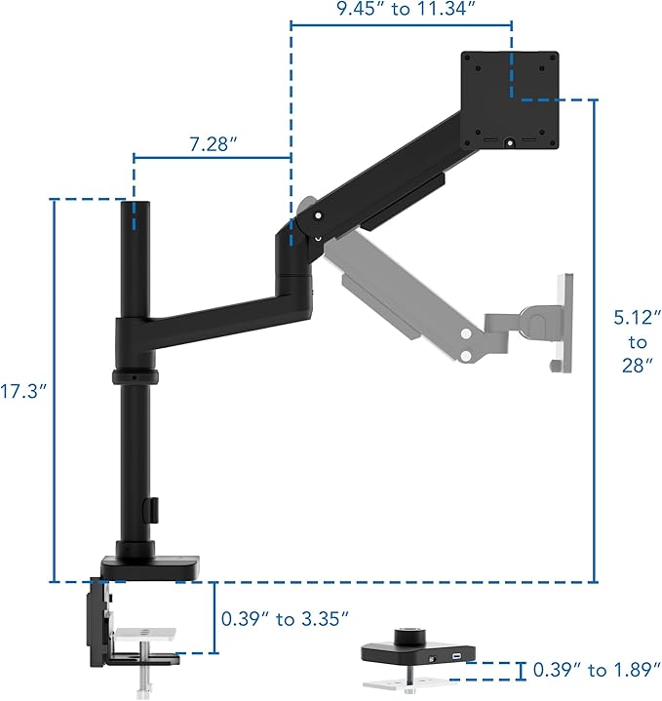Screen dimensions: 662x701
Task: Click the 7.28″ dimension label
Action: pyautogui.click(x=214, y=144)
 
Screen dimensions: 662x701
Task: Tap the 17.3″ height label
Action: pyautogui.click(x=23, y=391)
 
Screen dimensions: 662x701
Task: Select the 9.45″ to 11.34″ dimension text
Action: pyautogui.click(x=405, y=9)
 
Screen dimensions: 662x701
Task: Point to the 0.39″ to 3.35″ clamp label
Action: pyautogui.click(x=285, y=619)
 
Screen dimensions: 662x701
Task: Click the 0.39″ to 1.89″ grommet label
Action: pyautogui.click(x=597, y=670)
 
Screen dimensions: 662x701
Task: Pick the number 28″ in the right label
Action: pyautogui.click(x=637, y=366)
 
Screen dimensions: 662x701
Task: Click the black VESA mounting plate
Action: pyautogui.click(x=510, y=100)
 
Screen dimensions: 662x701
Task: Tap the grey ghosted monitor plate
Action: pyautogui.click(x=565, y=323)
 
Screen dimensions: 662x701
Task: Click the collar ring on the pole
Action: pyautogui.click(x=136, y=377)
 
